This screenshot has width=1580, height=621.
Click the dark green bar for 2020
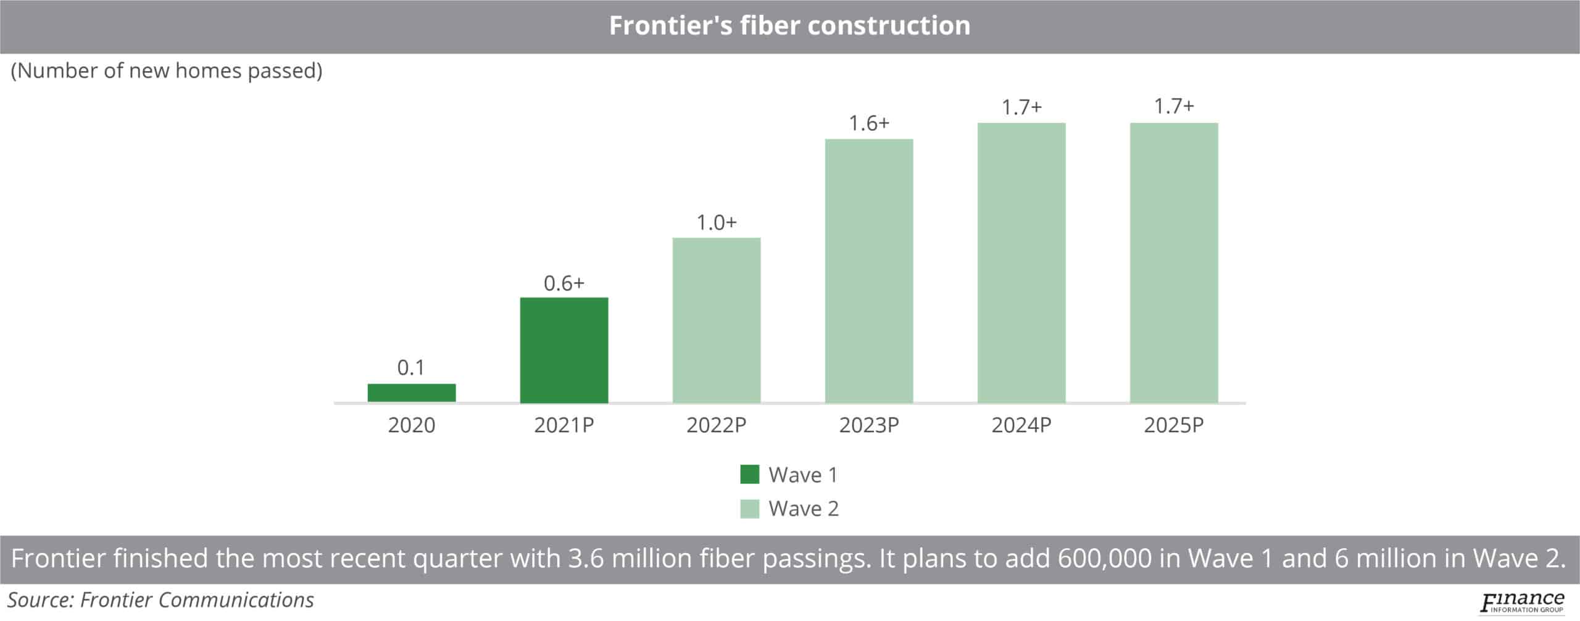coord(412,393)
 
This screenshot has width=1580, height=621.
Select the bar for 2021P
coord(564,350)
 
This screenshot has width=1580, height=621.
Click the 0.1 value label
coord(411,368)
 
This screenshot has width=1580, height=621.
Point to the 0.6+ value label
coord(564,283)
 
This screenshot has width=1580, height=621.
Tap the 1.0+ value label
coord(717,222)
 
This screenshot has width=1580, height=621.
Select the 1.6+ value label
coord(869,123)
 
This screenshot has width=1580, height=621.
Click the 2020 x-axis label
coord(412,425)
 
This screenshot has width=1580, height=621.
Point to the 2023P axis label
coord(869,425)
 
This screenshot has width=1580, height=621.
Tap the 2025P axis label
coord(1174,425)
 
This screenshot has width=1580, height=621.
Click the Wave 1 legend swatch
coord(749,475)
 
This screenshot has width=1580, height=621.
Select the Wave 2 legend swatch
coord(749,509)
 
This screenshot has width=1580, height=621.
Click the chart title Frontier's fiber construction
coord(789,26)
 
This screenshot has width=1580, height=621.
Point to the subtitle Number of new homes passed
coord(167,71)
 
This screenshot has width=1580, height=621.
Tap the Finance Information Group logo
coord(1522,602)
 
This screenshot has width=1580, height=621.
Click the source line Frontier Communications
coord(160,600)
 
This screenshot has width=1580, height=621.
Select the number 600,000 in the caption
coord(1104,559)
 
